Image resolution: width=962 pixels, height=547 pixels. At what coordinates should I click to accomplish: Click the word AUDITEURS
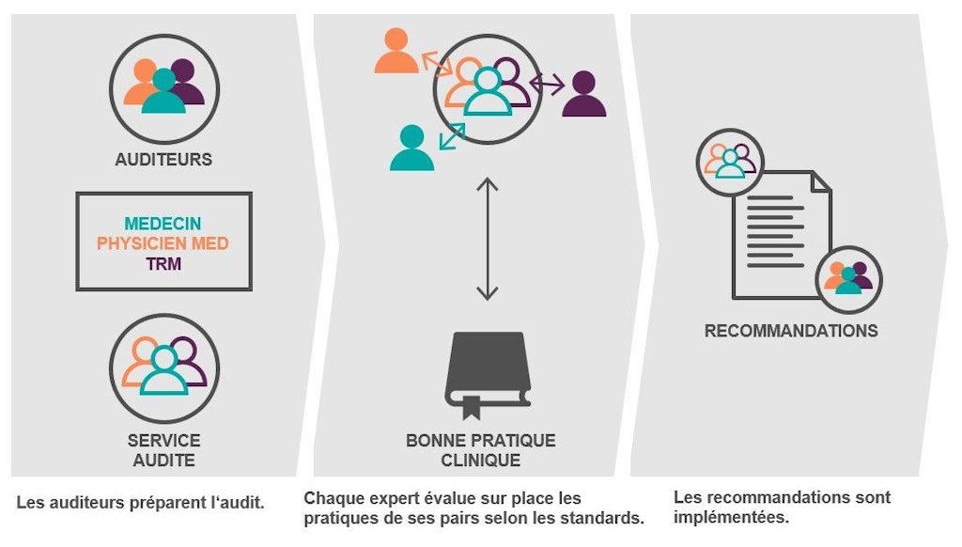(x=163, y=160)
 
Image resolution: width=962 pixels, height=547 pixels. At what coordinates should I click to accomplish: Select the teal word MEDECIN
(x=163, y=225)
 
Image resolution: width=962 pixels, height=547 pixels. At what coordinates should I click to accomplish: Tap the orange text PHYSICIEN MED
(x=163, y=244)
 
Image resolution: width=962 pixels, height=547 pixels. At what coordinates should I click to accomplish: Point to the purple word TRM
(x=163, y=264)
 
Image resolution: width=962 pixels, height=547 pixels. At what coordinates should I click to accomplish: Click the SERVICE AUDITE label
(x=163, y=450)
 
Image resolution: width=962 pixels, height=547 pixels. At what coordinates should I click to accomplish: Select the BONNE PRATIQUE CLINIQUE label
(x=480, y=450)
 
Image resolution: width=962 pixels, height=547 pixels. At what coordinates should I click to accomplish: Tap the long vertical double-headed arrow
(x=487, y=239)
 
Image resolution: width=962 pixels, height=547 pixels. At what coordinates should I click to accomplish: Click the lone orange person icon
(x=396, y=52)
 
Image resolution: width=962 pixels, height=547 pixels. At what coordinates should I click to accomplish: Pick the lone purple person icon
(x=583, y=94)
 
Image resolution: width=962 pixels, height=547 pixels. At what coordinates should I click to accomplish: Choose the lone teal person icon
(x=411, y=148)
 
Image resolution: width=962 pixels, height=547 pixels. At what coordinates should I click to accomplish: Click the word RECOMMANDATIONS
(x=791, y=331)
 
